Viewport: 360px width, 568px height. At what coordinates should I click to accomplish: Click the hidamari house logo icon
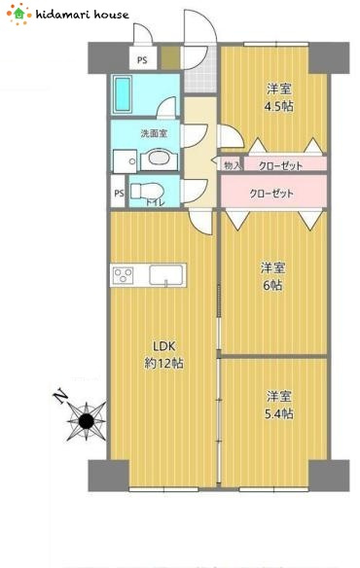pyautogui.click(x=18, y=15)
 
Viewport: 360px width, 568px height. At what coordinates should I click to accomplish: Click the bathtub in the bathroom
pyautogui.click(x=123, y=95)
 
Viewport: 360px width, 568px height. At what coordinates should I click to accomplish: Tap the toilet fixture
pyautogui.click(x=147, y=191)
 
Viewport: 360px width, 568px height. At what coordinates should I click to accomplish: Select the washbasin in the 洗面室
pyautogui.click(x=159, y=160)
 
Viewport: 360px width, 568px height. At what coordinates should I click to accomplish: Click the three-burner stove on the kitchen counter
pyautogui.click(x=124, y=275)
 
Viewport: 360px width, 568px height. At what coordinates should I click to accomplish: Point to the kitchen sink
pyautogui.click(x=166, y=275)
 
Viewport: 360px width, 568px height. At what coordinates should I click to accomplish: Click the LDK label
pyautogui.click(x=163, y=346)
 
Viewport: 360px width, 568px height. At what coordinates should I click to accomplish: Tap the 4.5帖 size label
pyautogui.click(x=278, y=106)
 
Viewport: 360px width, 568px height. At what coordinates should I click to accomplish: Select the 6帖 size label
pyautogui.click(x=272, y=285)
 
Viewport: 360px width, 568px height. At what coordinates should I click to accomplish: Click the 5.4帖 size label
pyautogui.click(x=278, y=413)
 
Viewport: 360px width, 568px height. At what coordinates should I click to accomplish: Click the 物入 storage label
pyautogui.click(x=233, y=165)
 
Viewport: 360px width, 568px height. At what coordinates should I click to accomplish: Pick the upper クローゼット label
pyautogui.click(x=280, y=166)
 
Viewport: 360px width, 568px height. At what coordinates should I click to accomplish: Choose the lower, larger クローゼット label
pyautogui.click(x=271, y=194)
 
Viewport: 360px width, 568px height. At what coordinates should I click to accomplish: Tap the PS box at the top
pyautogui.click(x=143, y=58)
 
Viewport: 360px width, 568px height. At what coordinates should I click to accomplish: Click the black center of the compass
pyautogui.click(x=87, y=420)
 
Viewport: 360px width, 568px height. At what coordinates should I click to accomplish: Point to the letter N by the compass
pyautogui.click(x=61, y=396)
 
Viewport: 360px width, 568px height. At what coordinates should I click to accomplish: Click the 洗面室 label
pyautogui.click(x=154, y=133)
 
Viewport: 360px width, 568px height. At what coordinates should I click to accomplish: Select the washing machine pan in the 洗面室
pyautogui.click(x=126, y=161)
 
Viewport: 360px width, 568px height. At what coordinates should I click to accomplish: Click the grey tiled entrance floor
pyautogui.click(x=200, y=71)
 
